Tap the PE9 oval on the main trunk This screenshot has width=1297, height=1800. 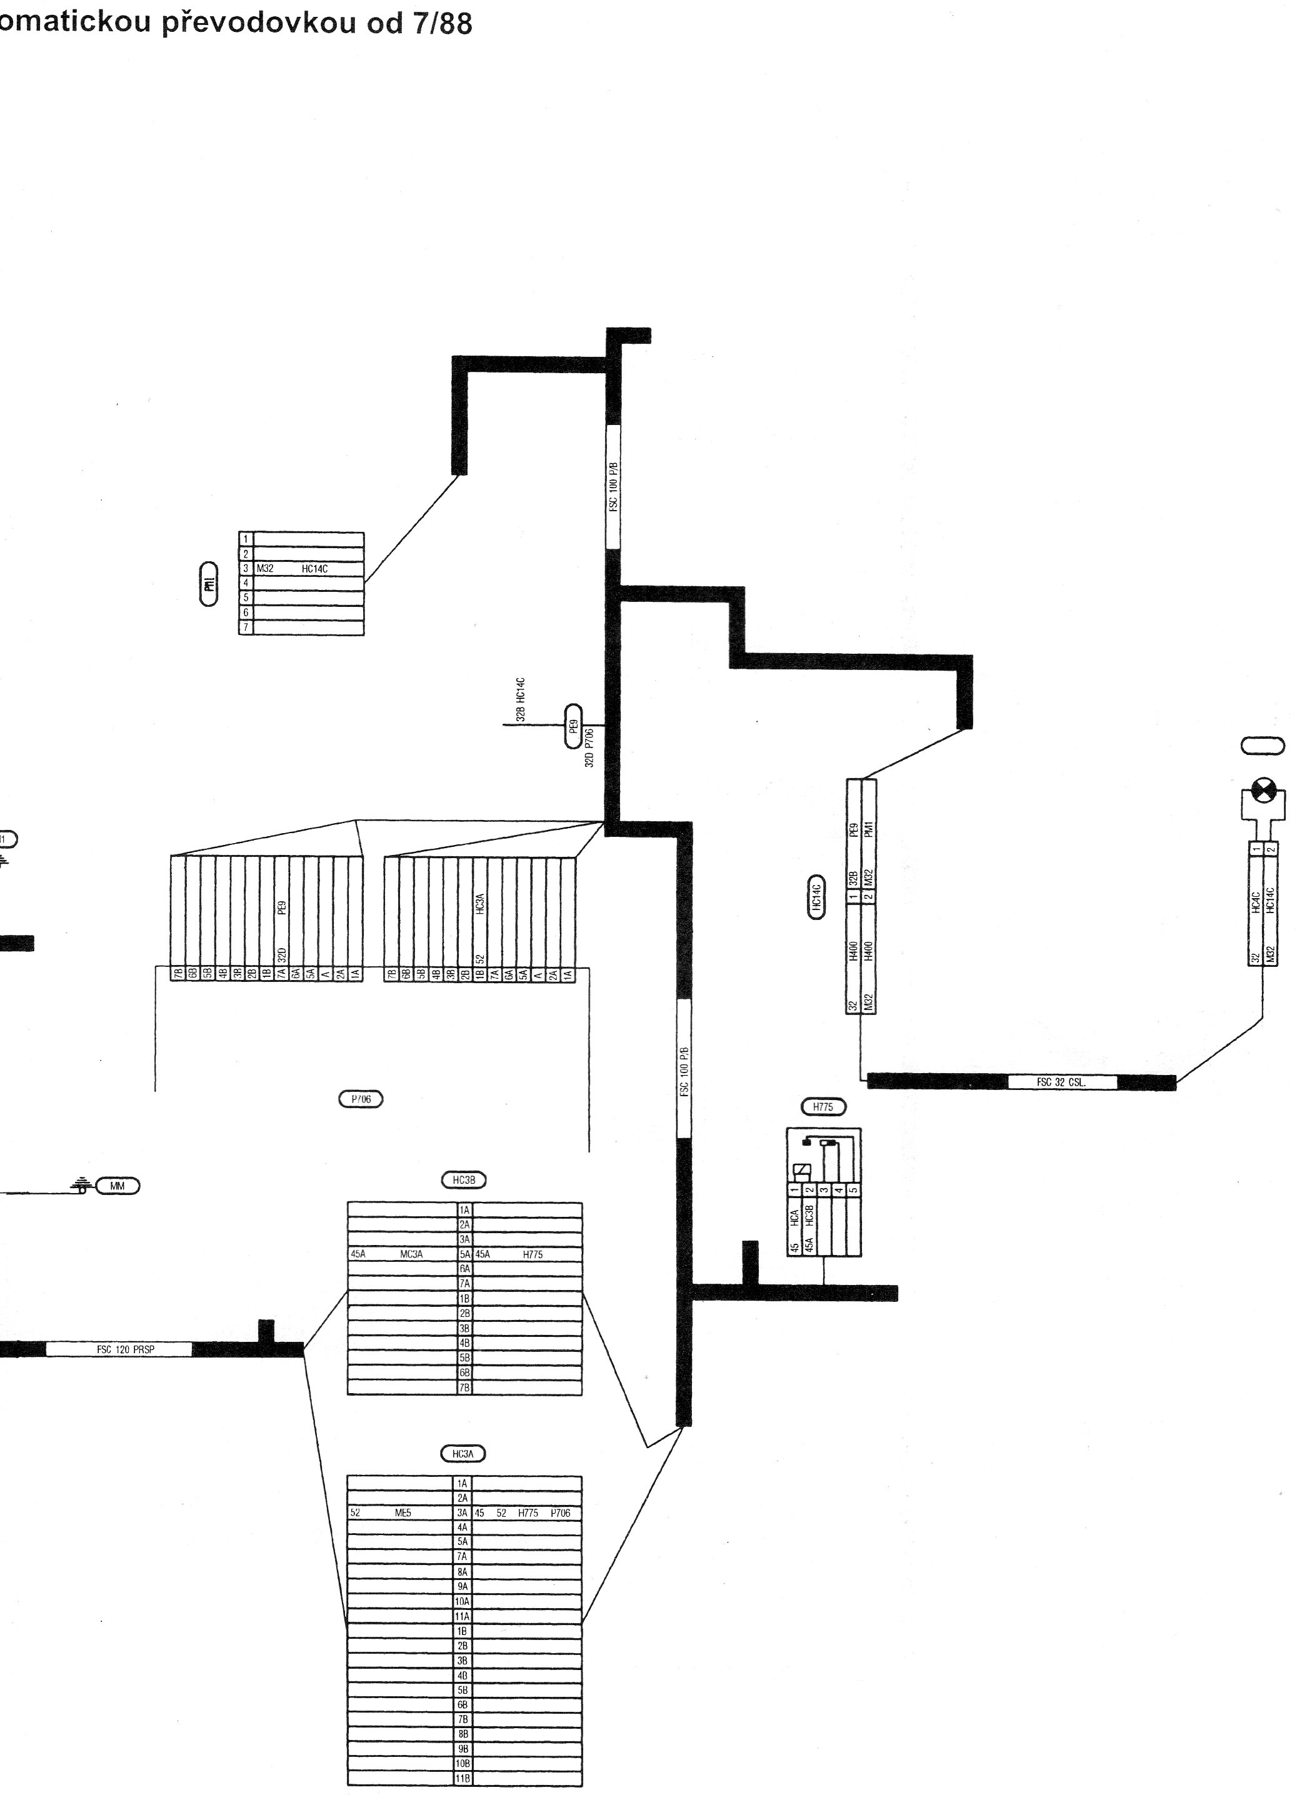point(573,726)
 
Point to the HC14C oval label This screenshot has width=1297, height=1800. point(816,897)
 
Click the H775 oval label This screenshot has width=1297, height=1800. point(823,1106)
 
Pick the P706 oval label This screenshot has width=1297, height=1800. point(361,1099)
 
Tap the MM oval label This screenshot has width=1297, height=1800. point(118,1186)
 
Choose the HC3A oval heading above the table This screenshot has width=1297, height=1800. point(463,1454)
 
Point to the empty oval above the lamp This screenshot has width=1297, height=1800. point(1262,746)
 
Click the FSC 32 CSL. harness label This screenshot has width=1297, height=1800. point(1061,1082)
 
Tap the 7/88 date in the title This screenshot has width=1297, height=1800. point(441,24)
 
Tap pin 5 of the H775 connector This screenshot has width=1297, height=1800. point(853,1191)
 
